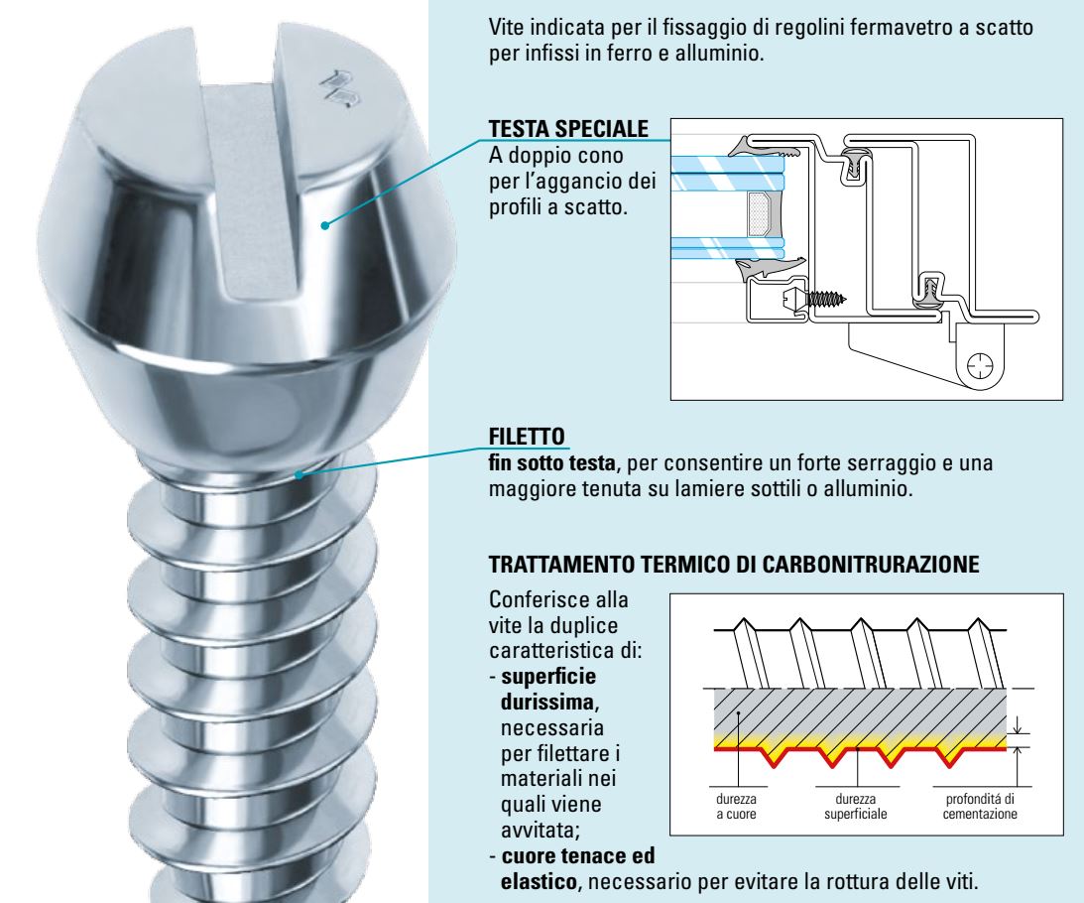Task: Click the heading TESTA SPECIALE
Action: (x=570, y=130)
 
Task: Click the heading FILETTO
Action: (x=529, y=437)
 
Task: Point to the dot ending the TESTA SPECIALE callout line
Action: (x=325, y=226)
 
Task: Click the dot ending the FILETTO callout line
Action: (x=299, y=474)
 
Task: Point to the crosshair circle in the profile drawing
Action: (x=980, y=366)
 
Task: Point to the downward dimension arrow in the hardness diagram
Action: (x=1017, y=728)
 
